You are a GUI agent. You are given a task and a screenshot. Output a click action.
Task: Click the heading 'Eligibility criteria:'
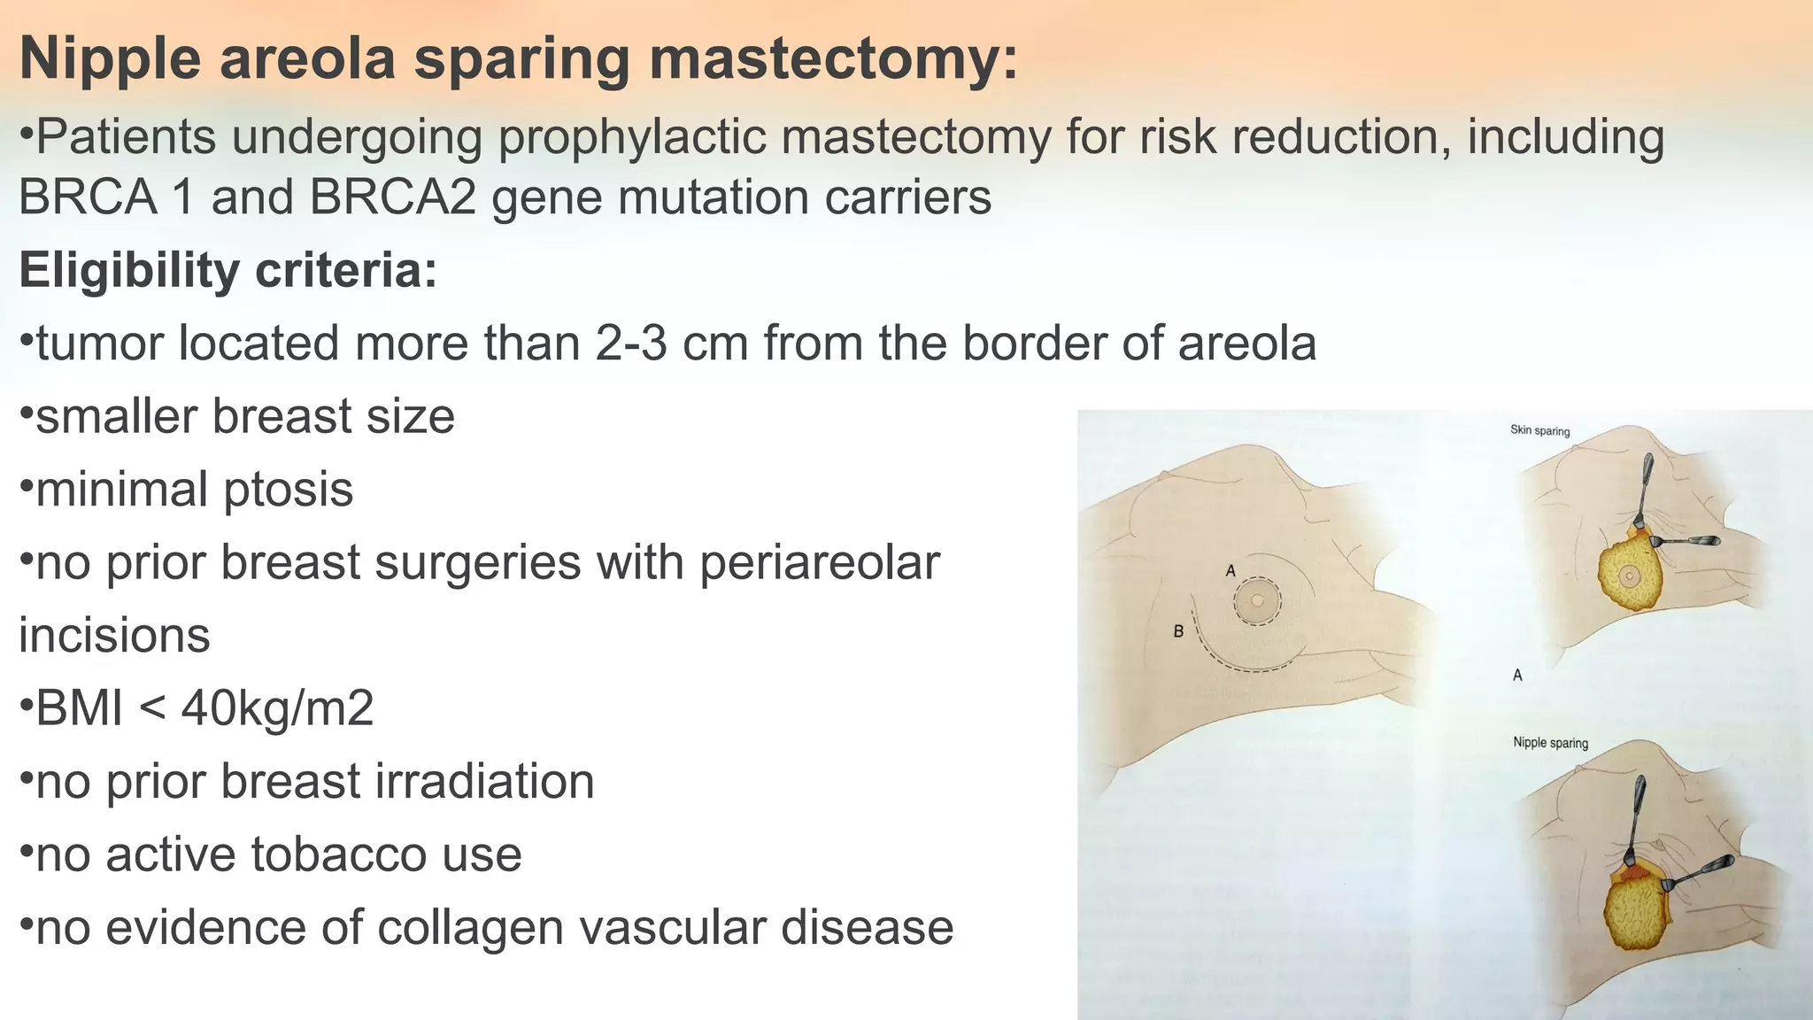coord(228,270)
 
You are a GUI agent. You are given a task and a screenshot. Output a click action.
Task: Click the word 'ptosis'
coord(288,490)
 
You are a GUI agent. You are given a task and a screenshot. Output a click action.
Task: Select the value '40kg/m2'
coord(277,708)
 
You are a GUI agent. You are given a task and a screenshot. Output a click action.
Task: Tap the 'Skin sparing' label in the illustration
coord(1539,430)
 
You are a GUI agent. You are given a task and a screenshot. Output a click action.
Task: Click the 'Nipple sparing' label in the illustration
coord(1550,743)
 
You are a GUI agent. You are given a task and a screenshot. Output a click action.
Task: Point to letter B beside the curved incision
coord(1178,631)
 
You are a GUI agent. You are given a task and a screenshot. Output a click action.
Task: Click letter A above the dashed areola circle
coord(1230,572)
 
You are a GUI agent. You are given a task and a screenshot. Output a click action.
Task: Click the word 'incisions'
coord(115,636)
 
